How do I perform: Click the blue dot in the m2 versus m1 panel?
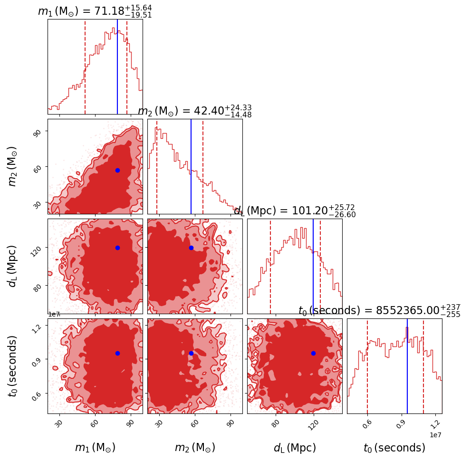pos(117,170)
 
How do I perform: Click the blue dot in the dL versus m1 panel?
pos(117,248)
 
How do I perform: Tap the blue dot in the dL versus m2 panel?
pos(191,248)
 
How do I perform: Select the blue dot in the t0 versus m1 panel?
pos(117,353)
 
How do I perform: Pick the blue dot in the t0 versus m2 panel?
pos(191,353)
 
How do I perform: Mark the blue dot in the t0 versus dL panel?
pos(313,353)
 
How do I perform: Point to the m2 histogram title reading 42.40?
pos(195,111)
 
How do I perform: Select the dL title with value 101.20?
pos(295,211)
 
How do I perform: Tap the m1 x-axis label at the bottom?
pos(95,448)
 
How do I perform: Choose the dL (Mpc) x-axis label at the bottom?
pos(295,448)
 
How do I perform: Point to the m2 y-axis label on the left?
pos(13,166)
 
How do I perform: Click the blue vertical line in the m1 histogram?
pos(117,67)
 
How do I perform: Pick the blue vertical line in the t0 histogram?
pos(407,366)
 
